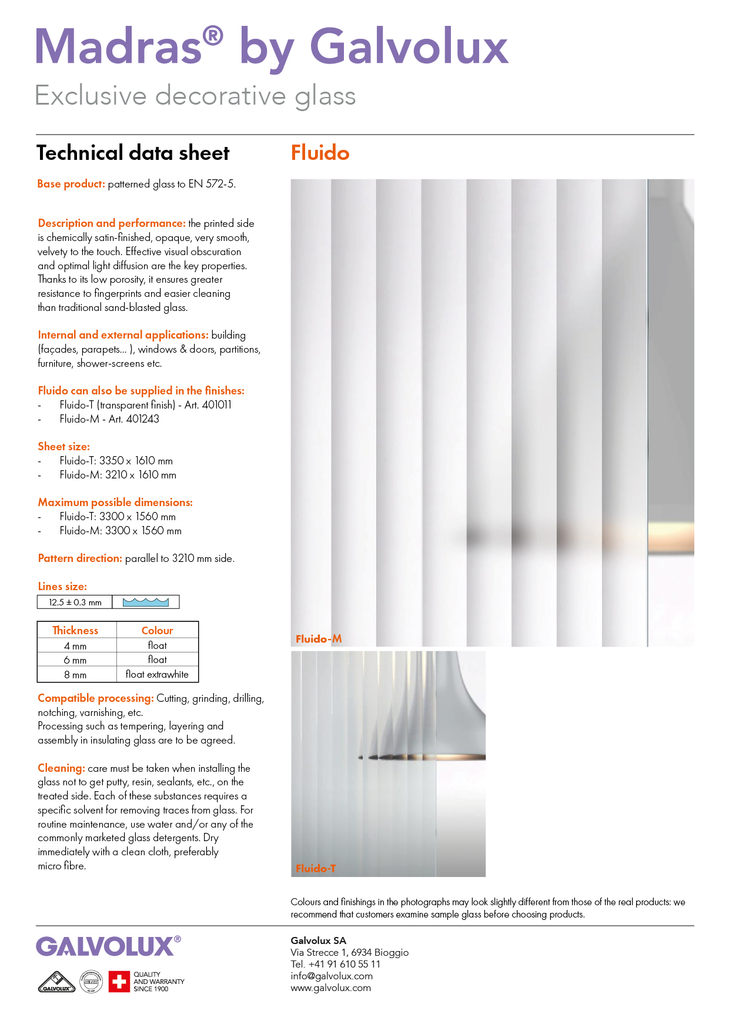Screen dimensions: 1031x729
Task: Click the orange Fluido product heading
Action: tap(320, 153)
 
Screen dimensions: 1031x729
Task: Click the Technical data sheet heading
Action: tap(133, 153)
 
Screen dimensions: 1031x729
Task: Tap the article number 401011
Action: tap(216, 405)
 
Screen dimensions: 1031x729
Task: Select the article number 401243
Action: tap(143, 419)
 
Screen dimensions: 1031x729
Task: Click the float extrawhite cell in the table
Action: tap(157, 675)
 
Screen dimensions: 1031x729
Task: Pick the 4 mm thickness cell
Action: tap(75, 646)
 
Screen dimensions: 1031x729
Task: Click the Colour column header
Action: tap(157, 631)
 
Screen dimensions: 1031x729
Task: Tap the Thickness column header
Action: tap(75, 631)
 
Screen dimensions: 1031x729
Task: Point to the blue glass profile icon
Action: tap(146, 602)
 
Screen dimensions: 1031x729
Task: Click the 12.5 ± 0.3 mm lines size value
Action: tap(75, 602)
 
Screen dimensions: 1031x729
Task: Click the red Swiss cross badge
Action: tap(119, 982)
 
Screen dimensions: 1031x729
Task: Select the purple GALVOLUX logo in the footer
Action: tap(106, 947)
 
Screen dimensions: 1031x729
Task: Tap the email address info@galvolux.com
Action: tap(332, 976)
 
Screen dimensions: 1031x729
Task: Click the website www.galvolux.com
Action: tap(330, 988)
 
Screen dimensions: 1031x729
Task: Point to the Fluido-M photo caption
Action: tap(319, 639)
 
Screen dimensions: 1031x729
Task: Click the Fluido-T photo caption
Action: tap(316, 868)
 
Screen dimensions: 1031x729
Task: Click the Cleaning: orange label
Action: tap(61, 768)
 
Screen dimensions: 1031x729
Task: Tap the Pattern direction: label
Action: tap(80, 558)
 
